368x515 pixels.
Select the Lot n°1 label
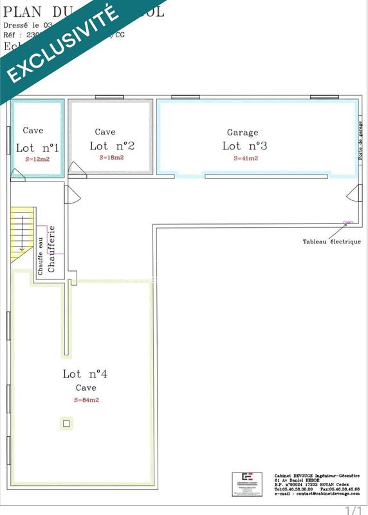(37, 148)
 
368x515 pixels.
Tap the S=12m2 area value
(37, 159)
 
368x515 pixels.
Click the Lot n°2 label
(111, 146)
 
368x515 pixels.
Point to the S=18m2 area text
(111, 157)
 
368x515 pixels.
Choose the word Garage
(243, 133)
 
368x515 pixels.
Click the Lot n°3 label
(244, 146)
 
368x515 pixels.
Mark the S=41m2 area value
(245, 158)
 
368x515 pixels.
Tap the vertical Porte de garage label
(360, 142)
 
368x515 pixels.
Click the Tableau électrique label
(332, 242)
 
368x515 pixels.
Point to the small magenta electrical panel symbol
(348, 223)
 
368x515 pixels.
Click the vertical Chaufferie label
(52, 248)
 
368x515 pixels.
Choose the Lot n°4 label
(85, 374)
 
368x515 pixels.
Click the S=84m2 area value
(86, 400)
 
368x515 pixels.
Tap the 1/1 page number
(354, 510)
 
